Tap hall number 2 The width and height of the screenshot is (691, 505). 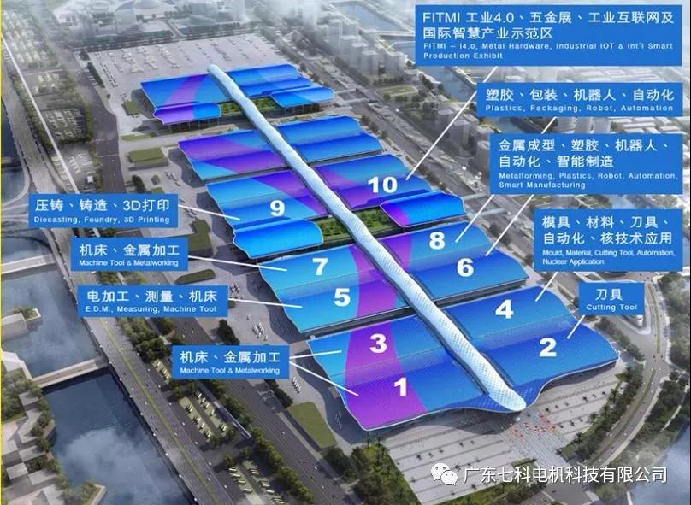pyautogui.click(x=547, y=347)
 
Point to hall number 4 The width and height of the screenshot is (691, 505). pyautogui.click(x=505, y=309)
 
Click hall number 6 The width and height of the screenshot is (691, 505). pyautogui.click(x=464, y=267)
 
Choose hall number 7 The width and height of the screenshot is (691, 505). pyautogui.click(x=319, y=266)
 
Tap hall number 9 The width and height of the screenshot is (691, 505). pyautogui.click(x=276, y=208)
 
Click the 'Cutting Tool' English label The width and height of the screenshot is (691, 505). pyautogui.click(x=612, y=308)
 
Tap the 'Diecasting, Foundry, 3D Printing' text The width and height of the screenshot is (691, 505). pyautogui.click(x=102, y=220)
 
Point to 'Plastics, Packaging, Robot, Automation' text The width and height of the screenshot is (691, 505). pyautogui.click(x=580, y=109)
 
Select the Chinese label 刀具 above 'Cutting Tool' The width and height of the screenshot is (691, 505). pyautogui.click(x=611, y=293)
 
